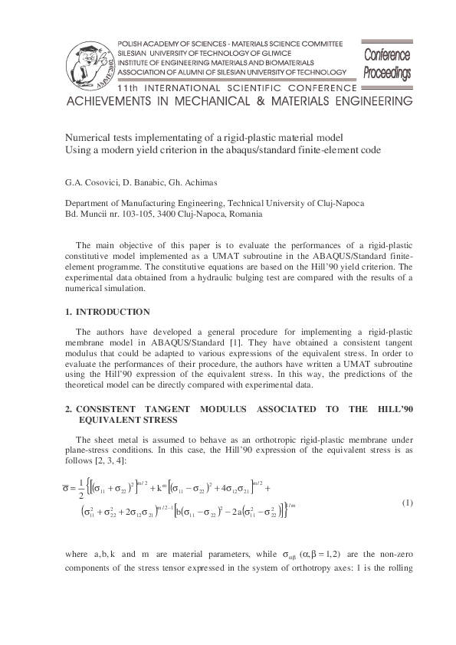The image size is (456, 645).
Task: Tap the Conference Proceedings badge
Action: click(x=387, y=64)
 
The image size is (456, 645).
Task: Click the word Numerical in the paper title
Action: click(x=87, y=133)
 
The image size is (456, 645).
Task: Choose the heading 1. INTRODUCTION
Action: click(x=107, y=312)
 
